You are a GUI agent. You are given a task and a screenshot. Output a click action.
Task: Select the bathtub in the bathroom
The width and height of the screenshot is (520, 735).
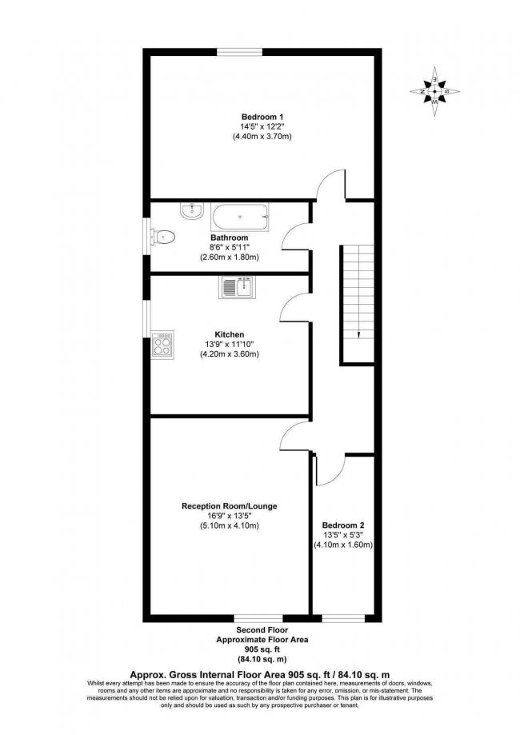[241, 218]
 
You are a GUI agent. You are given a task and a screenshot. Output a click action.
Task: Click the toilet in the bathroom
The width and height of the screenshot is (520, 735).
[166, 237]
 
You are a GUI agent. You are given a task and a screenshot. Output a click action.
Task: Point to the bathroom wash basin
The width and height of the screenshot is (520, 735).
[190, 212]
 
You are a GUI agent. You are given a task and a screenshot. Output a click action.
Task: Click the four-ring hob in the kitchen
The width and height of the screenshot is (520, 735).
[162, 346]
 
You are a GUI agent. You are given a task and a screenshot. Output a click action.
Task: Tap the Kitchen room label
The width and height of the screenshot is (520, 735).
[229, 334]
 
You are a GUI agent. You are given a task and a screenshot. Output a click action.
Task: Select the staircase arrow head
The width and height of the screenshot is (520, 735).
[358, 334]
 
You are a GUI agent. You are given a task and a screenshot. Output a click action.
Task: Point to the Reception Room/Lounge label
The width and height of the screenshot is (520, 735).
[229, 506]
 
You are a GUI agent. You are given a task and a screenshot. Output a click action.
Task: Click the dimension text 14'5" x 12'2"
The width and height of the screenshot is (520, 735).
[261, 126]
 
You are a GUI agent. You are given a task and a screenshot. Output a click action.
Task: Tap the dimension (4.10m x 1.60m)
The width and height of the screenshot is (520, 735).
[343, 545]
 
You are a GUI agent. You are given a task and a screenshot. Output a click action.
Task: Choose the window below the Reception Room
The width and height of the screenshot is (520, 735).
[258, 618]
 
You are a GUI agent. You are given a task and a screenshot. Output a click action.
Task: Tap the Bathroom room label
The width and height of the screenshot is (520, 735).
[230, 238]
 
